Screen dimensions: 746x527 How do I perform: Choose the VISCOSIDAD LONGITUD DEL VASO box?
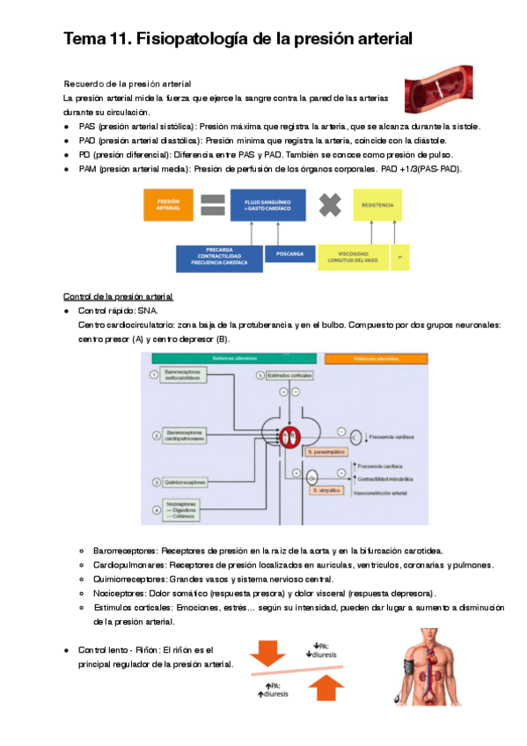[352, 256]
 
